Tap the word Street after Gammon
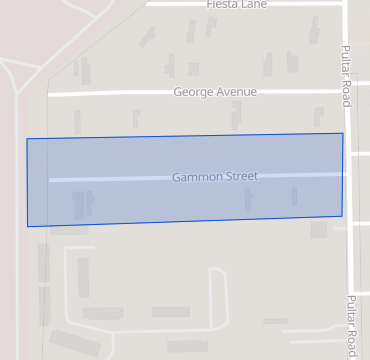[x=240, y=176]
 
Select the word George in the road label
[x=194, y=92]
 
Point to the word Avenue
[x=238, y=92]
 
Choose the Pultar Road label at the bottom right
[x=352, y=325]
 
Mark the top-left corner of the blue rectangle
[x=27, y=139]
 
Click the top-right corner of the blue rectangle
[x=343, y=133]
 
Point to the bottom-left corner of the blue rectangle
[x=28, y=226]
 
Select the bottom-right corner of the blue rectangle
[x=342, y=215]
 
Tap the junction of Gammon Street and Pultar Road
[x=346, y=174]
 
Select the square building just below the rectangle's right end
[x=319, y=230]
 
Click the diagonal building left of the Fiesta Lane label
[x=148, y=37]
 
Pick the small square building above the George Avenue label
[x=193, y=69]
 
